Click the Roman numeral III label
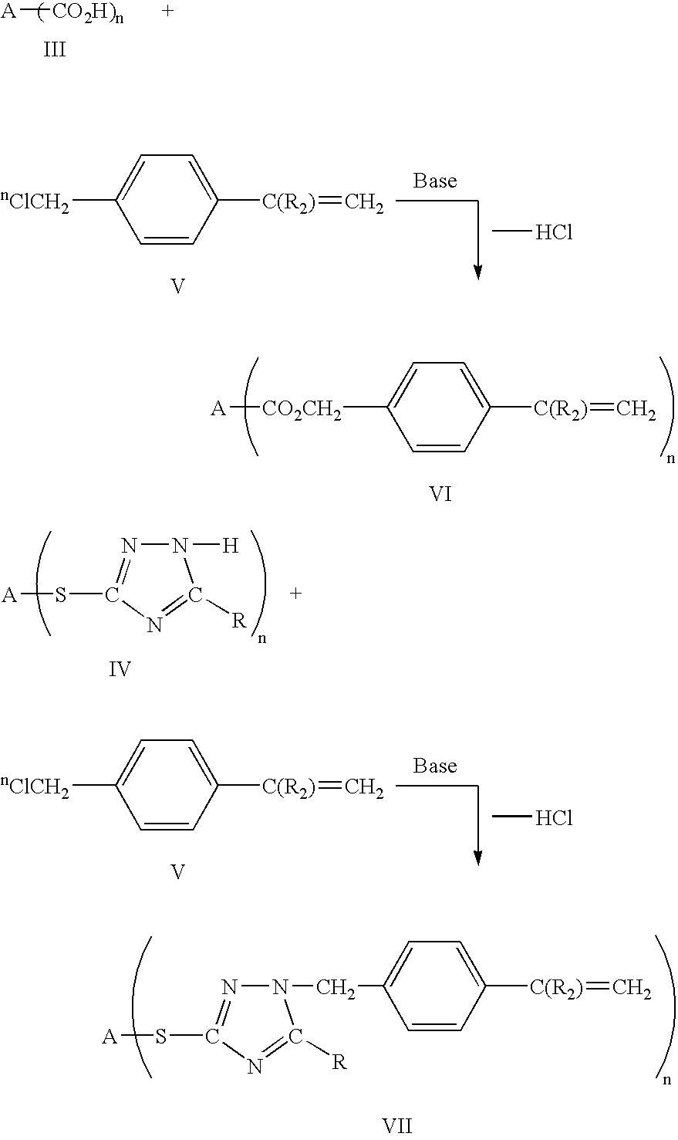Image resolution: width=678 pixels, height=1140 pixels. tap(54, 51)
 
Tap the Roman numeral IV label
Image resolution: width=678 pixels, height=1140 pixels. tap(120, 668)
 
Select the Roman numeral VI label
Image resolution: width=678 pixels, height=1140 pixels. tap(440, 493)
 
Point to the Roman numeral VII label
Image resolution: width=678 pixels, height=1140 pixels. tap(397, 1125)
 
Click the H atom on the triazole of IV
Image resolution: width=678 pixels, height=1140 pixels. tap(230, 546)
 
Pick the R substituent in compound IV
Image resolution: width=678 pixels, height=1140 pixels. tap(239, 621)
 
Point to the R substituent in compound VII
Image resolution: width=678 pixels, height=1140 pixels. tap(338, 1062)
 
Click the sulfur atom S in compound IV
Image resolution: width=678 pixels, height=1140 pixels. tap(60, 595)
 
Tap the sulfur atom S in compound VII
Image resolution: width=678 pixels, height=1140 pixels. tap(161, 1037)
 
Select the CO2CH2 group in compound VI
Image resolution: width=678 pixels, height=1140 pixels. tap(302, 409)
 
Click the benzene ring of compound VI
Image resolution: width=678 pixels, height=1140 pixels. tap(438, 407)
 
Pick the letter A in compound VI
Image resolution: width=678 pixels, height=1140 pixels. tap(218, 409)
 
